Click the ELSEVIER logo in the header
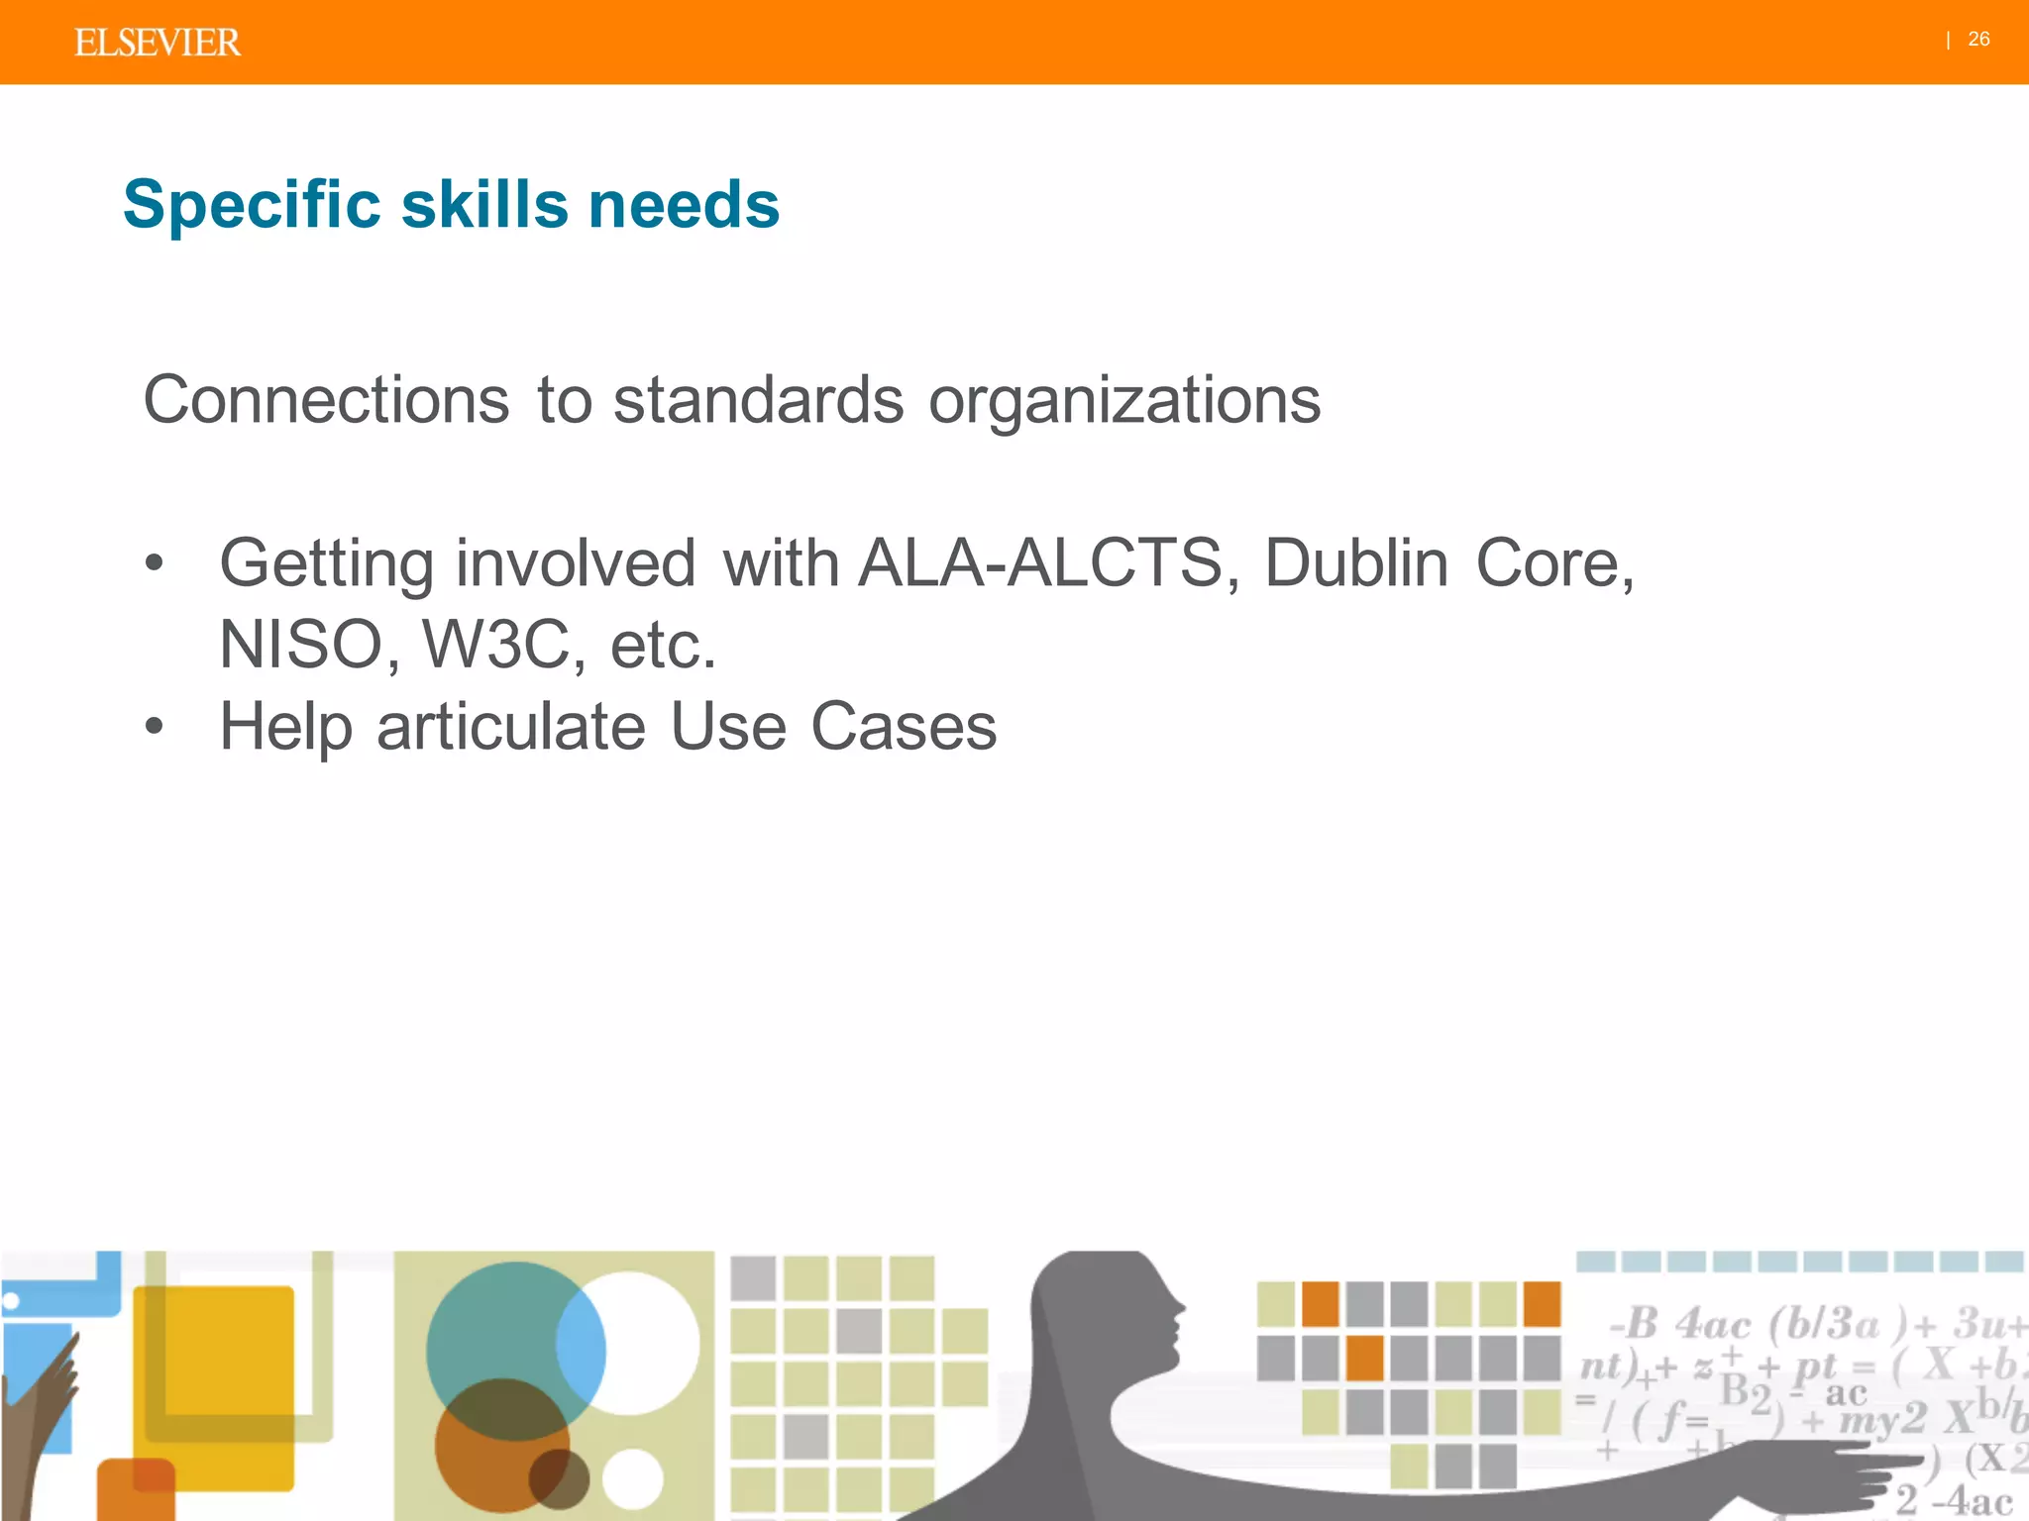coord(157,43)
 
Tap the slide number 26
coord(1978,40)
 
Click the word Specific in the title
coord(252,205)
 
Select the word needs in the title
coord(684,205)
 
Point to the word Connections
coord(326,400)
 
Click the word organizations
coord(1123,400)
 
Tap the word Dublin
coord(1356,563)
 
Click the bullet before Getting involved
coord(154,563)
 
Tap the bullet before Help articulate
coord(154,727)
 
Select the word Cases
coord(903,727)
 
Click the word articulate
coord(511,727)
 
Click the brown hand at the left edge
coord(45,1406)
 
